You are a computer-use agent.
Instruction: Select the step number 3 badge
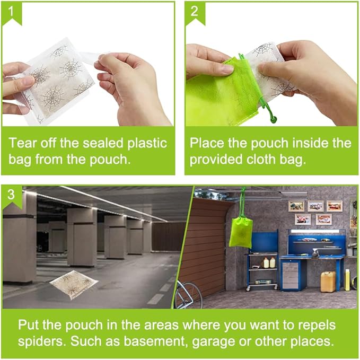11,195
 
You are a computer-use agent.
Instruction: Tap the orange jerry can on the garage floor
328,281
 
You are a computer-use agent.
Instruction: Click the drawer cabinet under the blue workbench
291,273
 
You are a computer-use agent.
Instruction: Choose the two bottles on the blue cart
269,262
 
